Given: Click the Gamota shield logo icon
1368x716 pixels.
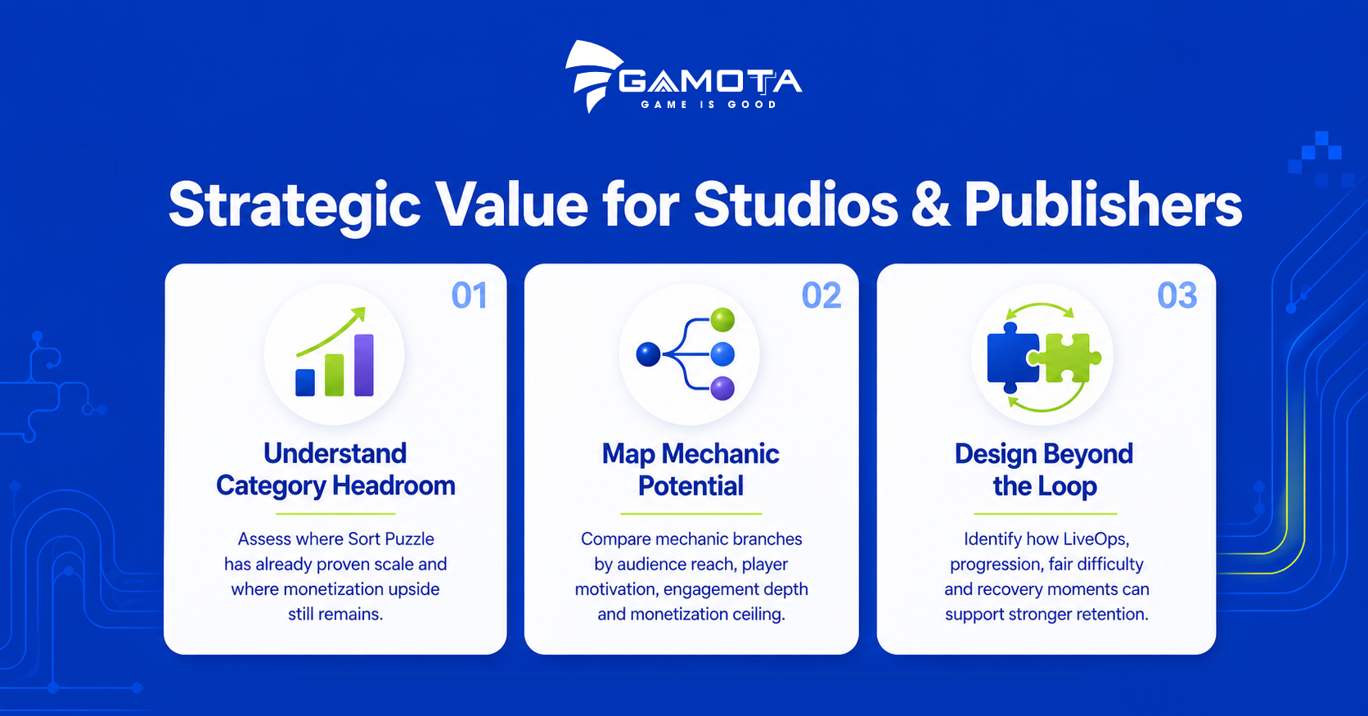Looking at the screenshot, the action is [592, 75].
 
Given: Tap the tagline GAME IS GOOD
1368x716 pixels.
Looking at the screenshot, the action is [709, 105].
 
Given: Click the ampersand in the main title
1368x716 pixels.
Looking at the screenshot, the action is [931, 205].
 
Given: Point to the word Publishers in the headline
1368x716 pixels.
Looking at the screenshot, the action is [1103, 204].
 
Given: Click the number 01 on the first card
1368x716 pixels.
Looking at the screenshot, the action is [469, 295].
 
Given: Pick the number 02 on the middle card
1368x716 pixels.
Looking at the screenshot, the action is [821, 295].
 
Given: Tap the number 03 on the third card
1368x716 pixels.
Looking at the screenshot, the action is [1177, 295].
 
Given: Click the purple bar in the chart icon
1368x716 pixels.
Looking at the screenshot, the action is [364, 365].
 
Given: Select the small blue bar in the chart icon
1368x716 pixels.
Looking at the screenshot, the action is [305, 382].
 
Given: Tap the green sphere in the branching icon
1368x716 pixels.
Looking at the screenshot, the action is [722, 320].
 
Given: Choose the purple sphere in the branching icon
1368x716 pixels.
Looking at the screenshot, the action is [722, 389].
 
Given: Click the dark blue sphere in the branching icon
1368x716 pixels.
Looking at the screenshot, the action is [648, 354].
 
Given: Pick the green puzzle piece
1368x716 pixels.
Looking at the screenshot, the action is [1066, 358].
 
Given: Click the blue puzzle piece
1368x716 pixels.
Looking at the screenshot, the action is [1010, 358].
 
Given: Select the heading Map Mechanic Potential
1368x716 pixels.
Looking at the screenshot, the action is [691, 470].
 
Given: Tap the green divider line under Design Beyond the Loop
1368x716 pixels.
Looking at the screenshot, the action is [1045, 514].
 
